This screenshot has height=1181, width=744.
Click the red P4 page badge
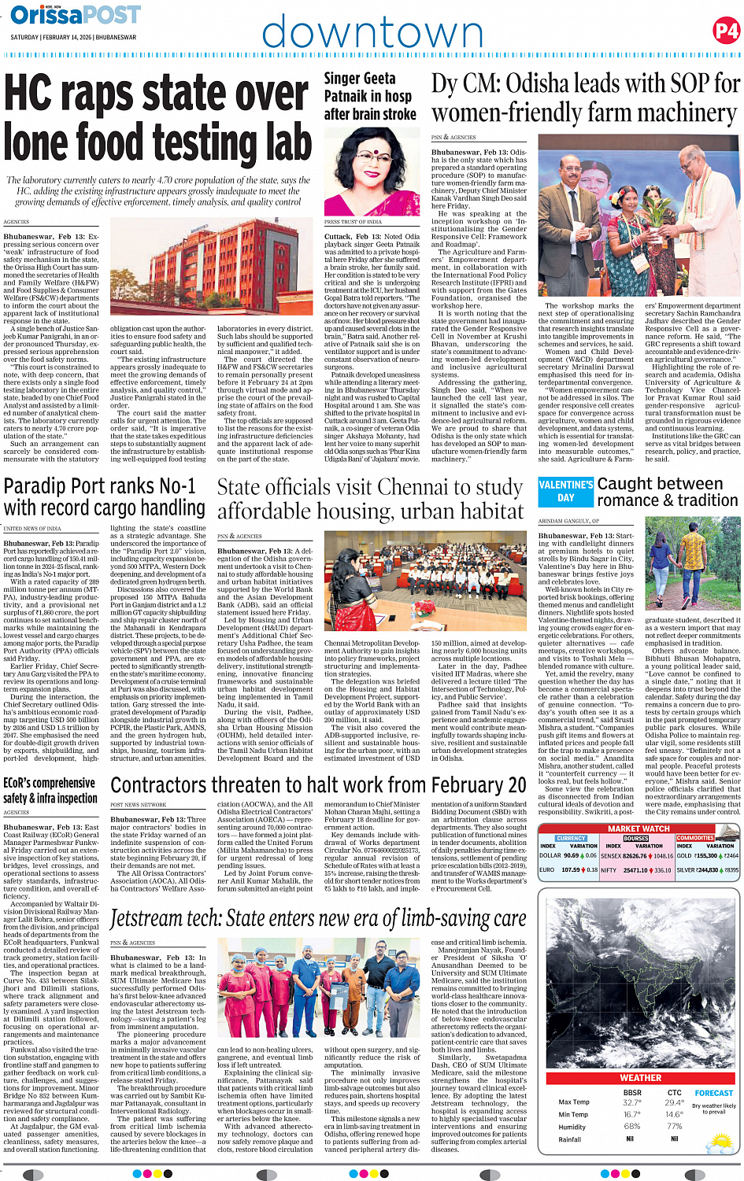click(x=725, y=31)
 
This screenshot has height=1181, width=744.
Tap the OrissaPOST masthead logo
click(x=76, y=15)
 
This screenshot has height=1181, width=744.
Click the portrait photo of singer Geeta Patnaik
click(x=372, y=172)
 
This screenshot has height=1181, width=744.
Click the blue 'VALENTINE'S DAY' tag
click(x=565, y=491)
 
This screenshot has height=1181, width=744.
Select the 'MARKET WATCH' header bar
click(x=639, y=829)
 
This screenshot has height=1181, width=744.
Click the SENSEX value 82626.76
click(x=635, y=855)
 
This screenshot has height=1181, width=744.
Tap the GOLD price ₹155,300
click(x=706, y=855)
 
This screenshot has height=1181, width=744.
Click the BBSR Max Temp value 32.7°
click(x=631, y=1102)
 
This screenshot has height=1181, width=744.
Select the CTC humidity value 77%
click(x=674, y=1126)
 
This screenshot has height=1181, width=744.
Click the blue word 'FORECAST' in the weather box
click(x=713, y=1093)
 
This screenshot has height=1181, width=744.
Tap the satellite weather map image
click(x=639, y=979)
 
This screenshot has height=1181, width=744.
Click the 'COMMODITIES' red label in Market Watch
click(x=694, y=838)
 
